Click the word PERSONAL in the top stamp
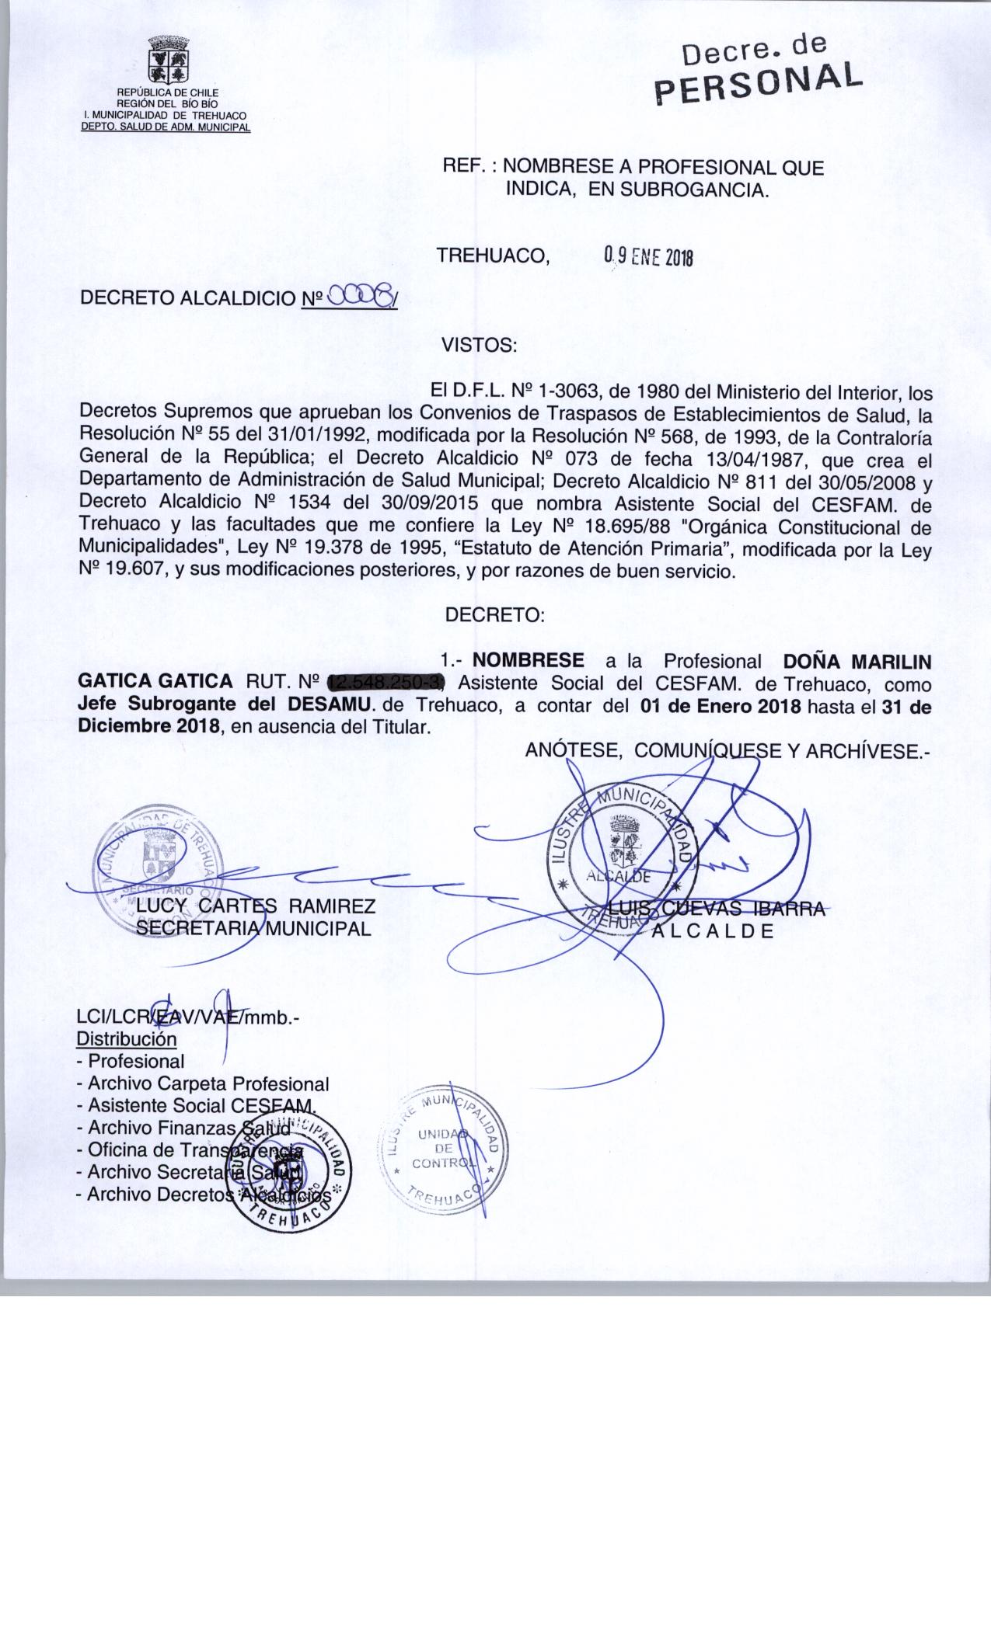759,83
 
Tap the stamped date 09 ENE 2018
647,257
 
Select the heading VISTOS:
479,346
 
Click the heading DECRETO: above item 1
494,615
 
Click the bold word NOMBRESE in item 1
529,661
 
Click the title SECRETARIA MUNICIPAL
253,928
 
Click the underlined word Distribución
127,1039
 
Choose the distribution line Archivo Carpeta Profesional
208,1083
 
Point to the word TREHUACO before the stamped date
493,256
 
